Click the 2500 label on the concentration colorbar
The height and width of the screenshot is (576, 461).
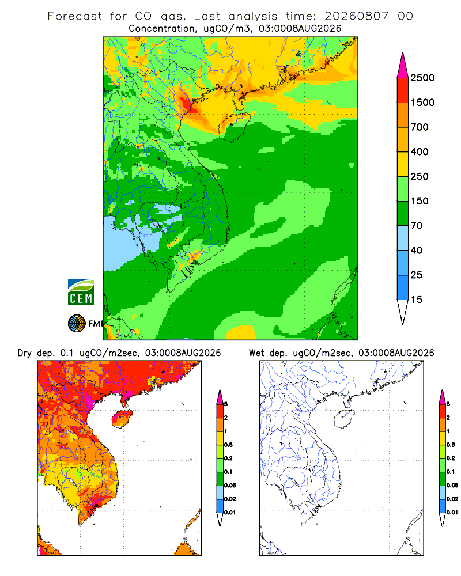point(422,78)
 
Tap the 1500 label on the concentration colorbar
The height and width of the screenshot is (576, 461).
point(422,103)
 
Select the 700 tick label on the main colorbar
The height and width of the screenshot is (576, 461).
point(420,127)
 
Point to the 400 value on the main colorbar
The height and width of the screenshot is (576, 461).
point(420,151)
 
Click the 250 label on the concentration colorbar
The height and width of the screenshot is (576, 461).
point(420,176)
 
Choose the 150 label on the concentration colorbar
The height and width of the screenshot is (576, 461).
point(420,201)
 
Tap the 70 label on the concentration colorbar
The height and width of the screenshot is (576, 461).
point(417,226)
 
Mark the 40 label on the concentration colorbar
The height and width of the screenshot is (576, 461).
point(417,250)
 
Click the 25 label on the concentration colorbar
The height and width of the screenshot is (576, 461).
point(417,275)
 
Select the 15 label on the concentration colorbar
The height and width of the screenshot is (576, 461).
point(417,300)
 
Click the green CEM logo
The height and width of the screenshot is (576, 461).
point(81,293)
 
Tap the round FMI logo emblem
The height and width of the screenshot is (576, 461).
point(77,324)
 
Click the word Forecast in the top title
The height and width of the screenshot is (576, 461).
point(75,16)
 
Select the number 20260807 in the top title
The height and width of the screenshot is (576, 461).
point(356,16)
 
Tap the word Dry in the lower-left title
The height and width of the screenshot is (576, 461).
point(25,353)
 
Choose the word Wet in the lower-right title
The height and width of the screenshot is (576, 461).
point(256,353)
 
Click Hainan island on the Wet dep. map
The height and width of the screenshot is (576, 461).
point(345,418)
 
